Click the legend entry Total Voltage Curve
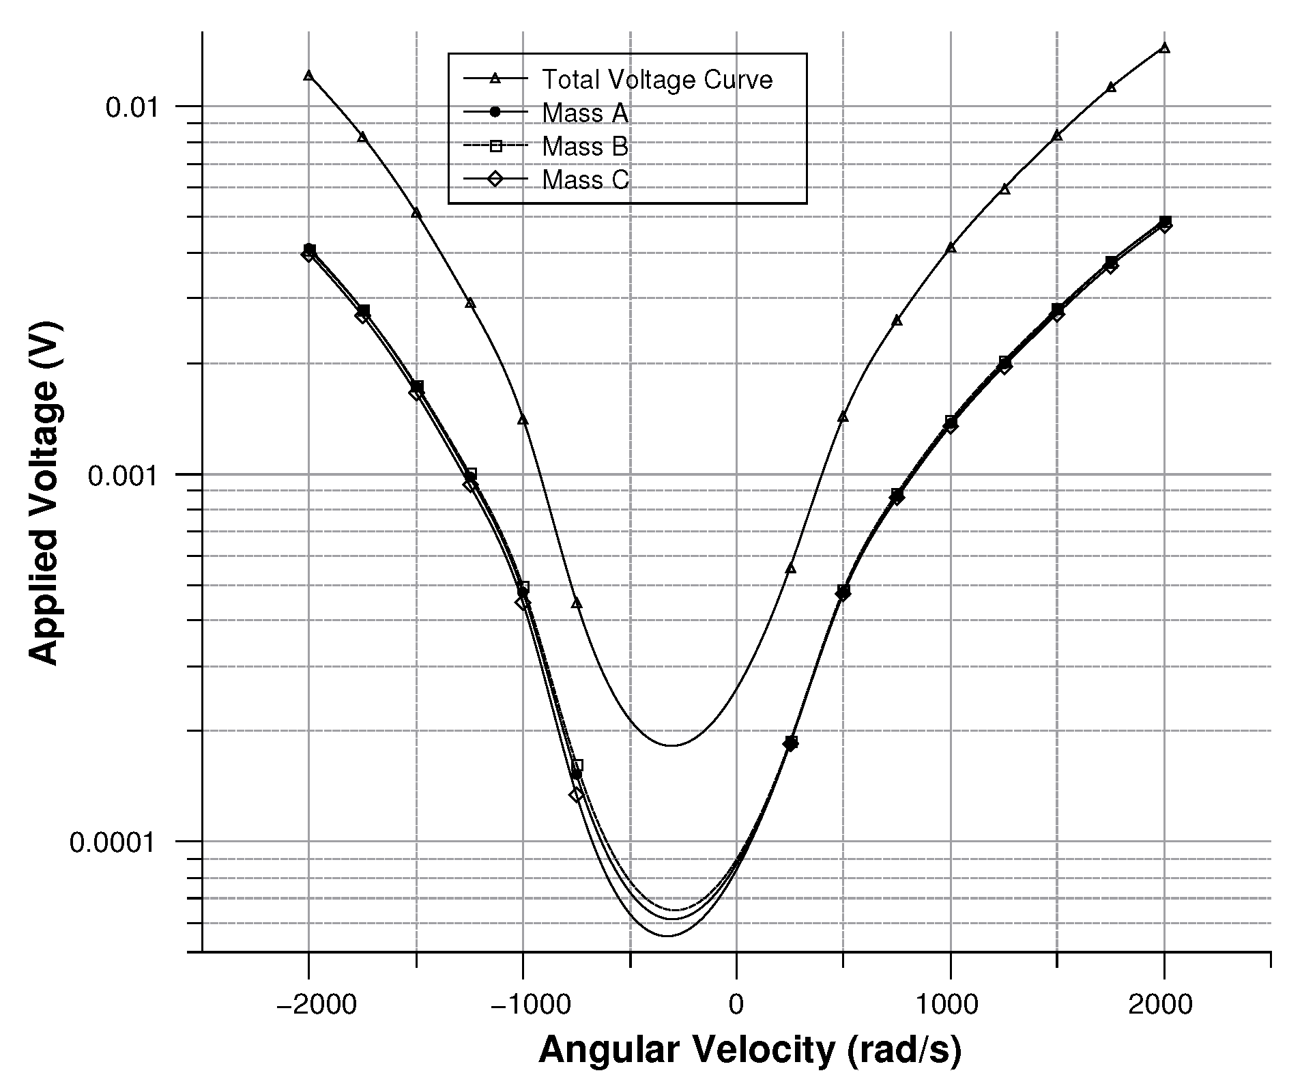[x=656, y=80]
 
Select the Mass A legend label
[x=585, y=113]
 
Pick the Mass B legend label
[x=585, y=147]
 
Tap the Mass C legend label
[x=585, y=180]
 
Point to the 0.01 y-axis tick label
[x=132, y=107]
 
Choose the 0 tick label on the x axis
[x=736, y=1005]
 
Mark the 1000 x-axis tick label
[x=951, y=1005]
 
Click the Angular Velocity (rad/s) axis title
[x=750, y=1050]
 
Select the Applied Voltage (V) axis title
[x=45, y=493]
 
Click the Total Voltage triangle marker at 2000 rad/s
[x=1164, y=48]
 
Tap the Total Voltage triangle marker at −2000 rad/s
[x=308, y=75]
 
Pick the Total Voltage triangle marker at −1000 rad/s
[x=523, y=419]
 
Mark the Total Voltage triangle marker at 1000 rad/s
[x=951, y=247]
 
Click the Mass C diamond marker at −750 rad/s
[x=577, y=794]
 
